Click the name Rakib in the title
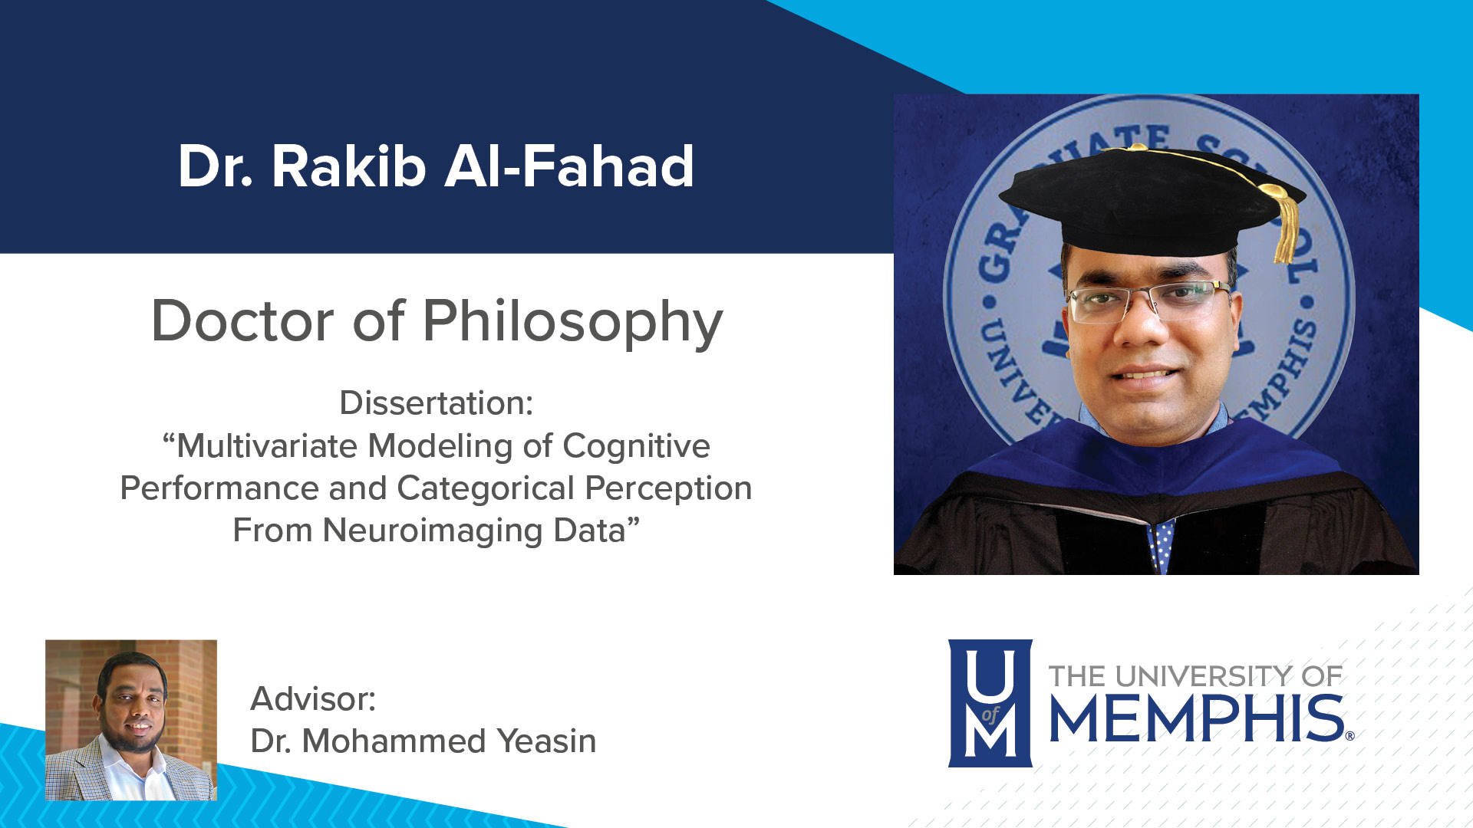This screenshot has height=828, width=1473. [x=349, y=166]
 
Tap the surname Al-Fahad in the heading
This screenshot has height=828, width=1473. [x=569, y=166]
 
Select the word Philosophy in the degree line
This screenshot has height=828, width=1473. [x=572, y=322]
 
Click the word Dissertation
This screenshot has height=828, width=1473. [x=436, y=403]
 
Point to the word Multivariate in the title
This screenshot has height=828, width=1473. [x=267, y=446]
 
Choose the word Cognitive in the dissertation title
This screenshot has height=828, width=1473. [x=636, y=446]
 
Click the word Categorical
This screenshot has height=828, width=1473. [x=486, y=488]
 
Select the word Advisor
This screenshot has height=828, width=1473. [x=313, y=699]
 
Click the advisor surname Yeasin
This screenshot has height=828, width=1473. [x=546, y=741]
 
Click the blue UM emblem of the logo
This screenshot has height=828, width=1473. [x=990, y=703]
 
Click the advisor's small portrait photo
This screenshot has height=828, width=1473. [x=131, y=720]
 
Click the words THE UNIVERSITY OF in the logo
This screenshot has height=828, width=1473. [x=1195, y=676]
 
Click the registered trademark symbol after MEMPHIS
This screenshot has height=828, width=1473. [x=1349, y=736]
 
